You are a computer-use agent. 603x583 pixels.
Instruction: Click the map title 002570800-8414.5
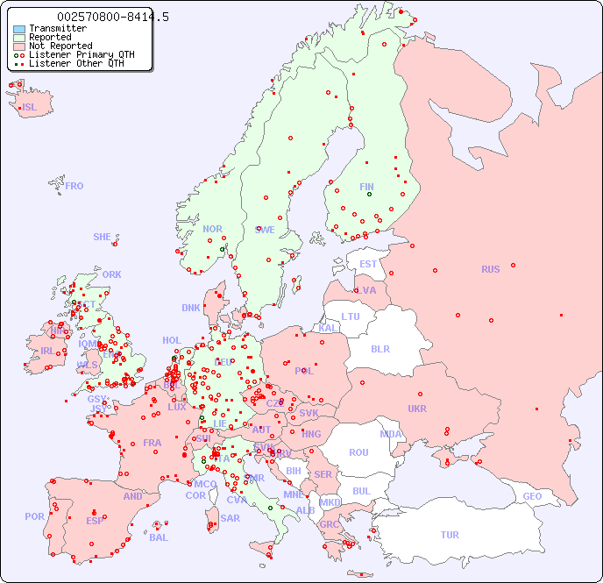tap(113, 17)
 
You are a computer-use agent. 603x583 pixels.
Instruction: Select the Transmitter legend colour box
tap(19, 29)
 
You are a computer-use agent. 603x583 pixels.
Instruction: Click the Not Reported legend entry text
tap(60, 46)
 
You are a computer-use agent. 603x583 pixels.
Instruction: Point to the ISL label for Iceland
tap(30, 108)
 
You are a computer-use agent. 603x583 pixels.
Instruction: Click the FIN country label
tap(366, 187)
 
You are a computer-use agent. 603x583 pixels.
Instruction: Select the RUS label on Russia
tap(490, 269)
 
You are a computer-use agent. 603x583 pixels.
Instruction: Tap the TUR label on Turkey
tap(450, 535)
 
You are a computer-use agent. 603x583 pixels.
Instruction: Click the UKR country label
tap(417, 409)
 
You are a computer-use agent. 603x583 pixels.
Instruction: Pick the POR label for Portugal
tap(34, 516)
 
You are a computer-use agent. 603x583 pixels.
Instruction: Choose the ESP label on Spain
tap(95, 520)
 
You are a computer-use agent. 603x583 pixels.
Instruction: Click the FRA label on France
tap(153, 443)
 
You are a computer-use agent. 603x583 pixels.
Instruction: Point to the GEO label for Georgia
tap(532, 496)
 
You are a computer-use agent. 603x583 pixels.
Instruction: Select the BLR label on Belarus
tap(380, 348)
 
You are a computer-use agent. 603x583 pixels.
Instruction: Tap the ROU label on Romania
tap(358, 452)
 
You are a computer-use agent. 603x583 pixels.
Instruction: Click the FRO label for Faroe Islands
tap(74, 186)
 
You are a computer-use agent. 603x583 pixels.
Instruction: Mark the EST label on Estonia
tap(368, 264)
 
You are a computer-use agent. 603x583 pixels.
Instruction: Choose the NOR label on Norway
tap(212, 229)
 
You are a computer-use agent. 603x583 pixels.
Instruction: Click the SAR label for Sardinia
tap(230, 518)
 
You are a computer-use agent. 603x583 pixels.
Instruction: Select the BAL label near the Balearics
tap(159, 537)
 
